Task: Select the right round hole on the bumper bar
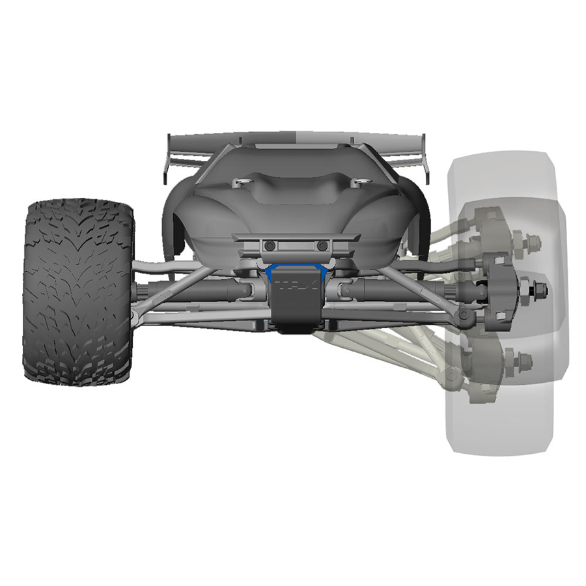pos(322,245)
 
